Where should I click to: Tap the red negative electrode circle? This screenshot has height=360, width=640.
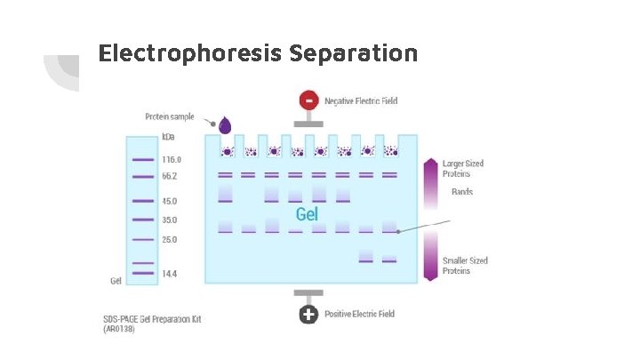(x=308, y=100)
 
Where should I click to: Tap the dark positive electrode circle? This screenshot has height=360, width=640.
(x=308, y=314)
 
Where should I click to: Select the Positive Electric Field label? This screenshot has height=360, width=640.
(x=359, y=314)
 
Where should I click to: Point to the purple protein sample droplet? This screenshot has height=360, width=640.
(x=225, y=125)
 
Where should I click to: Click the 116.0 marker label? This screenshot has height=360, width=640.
(x=171, y=159)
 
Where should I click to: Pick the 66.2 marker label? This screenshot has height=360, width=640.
(x=170, y=177)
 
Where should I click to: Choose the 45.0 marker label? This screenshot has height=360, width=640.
(x=170, y=201)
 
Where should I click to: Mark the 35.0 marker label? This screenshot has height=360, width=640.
(x=170, y=220)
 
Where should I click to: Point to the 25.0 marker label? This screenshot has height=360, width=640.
(x=170, y=239)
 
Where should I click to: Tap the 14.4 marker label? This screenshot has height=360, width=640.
(x=170, y=274)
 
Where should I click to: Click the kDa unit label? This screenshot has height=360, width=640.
(x=168, y=138)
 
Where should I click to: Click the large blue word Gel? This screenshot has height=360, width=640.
(x=307, y=215)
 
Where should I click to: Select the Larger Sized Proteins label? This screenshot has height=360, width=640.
(x=463, y=169)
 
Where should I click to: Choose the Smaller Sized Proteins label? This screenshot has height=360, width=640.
(x=465, y=266)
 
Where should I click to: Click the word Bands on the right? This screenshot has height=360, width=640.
(x=462, y=192)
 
